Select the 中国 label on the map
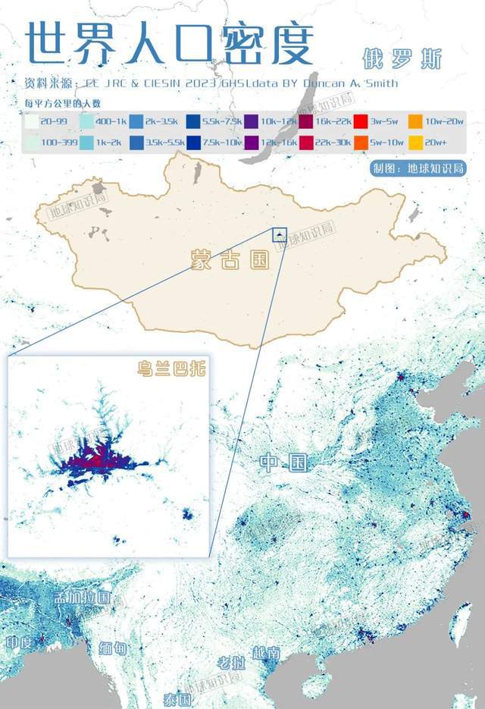click(x=283, y=462)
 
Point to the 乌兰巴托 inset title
click(x=171, y=370)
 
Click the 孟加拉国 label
click(x=83, y=598)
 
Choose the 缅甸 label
click(x=114, y=648)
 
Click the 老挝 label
click(x=231, y=662)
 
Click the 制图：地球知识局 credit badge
click(x=416, y=168)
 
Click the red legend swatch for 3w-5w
click(x=361, y=121)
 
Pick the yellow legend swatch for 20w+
click(x=415, y=141)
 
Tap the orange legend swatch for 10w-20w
click(x=415, y=121)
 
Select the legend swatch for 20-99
click(x=30, y=121)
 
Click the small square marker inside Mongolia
click(x=281, y=234)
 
